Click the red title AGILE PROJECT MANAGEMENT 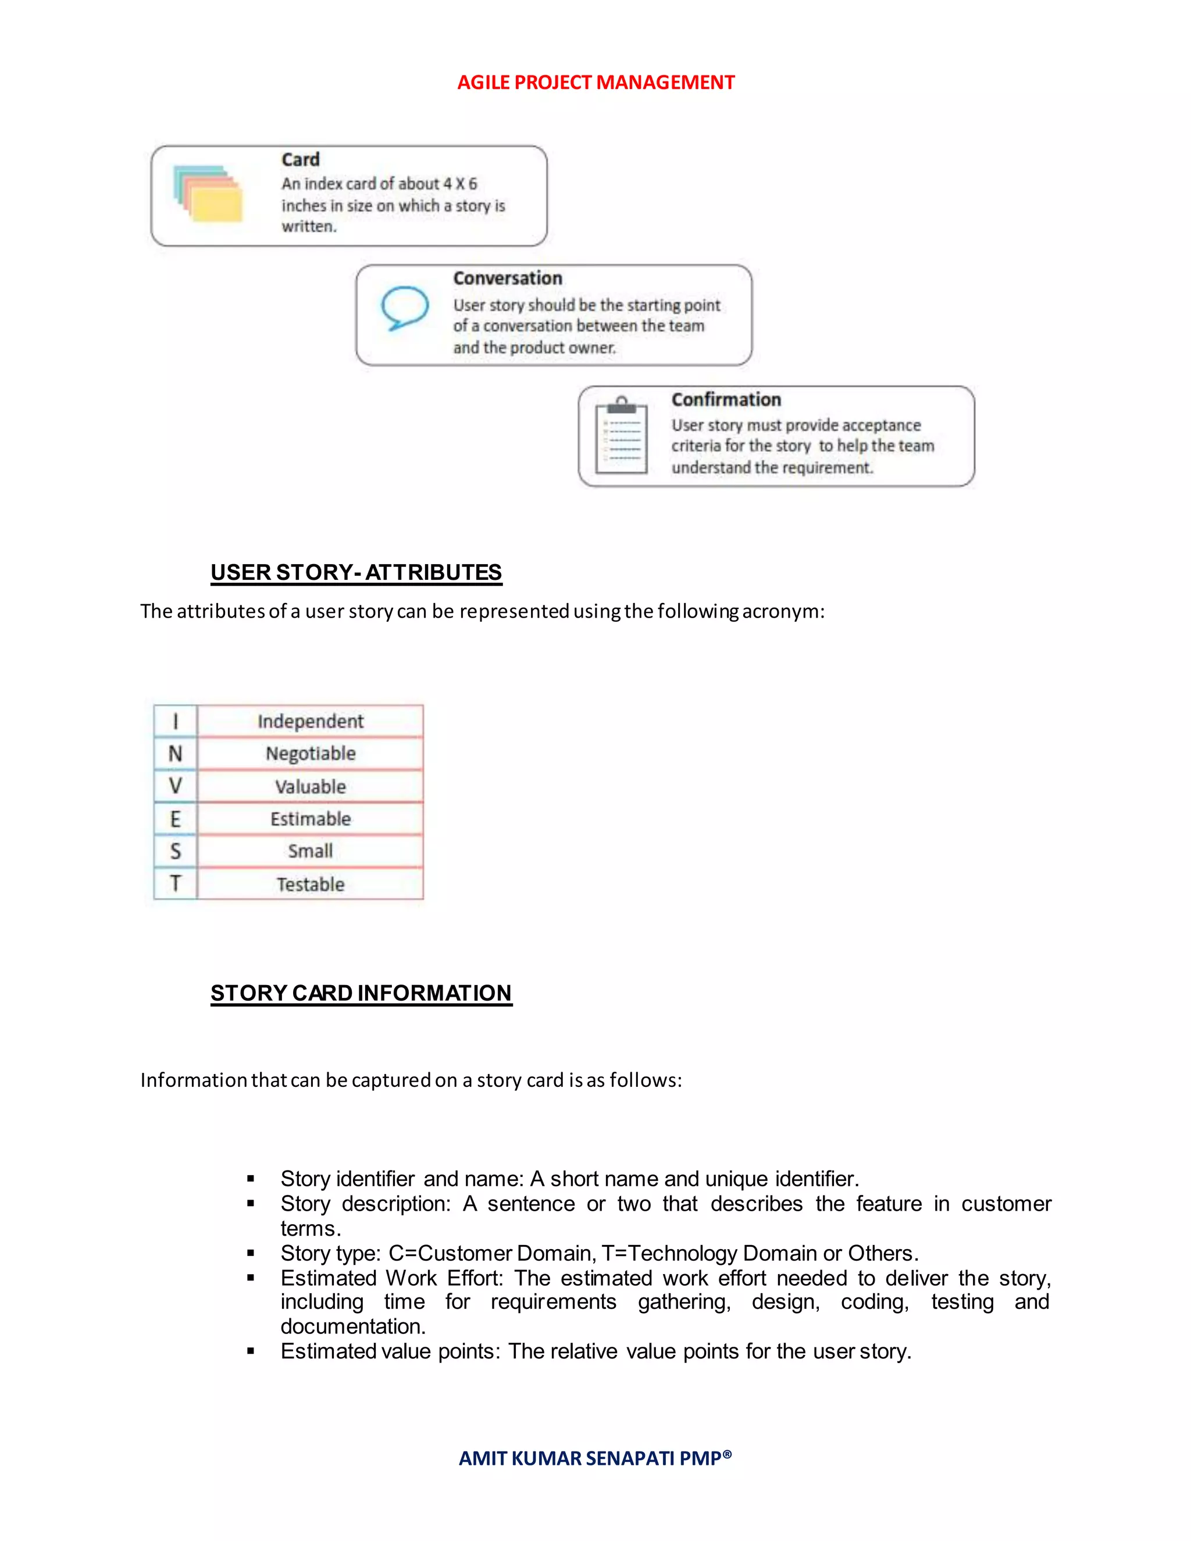595,83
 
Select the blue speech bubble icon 404,308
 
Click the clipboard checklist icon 621,436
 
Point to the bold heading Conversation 507,278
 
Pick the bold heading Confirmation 725,399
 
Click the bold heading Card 301,159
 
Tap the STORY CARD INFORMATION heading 361,993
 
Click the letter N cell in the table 175,754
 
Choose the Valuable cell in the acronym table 311,787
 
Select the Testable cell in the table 311,884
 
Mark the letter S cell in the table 175,851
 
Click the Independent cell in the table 311,721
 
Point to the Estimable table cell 311,819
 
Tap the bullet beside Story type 251,1254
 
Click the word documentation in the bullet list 353,1326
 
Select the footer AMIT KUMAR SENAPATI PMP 595,1458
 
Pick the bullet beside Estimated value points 251,1352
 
